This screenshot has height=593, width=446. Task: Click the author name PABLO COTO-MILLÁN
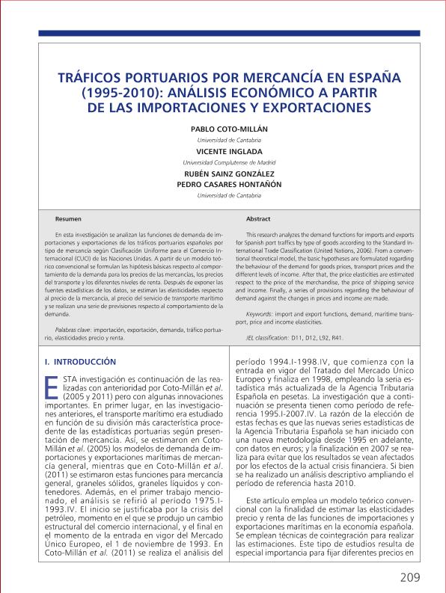click(223, 129)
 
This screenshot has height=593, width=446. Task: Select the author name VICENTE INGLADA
click(223, 151)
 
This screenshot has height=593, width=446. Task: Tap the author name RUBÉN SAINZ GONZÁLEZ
click(223, 173)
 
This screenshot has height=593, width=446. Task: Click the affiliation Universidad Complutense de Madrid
click(223, 162)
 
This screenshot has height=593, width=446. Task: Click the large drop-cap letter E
click(52, 389)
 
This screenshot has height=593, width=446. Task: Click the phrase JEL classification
click(267, 338)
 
